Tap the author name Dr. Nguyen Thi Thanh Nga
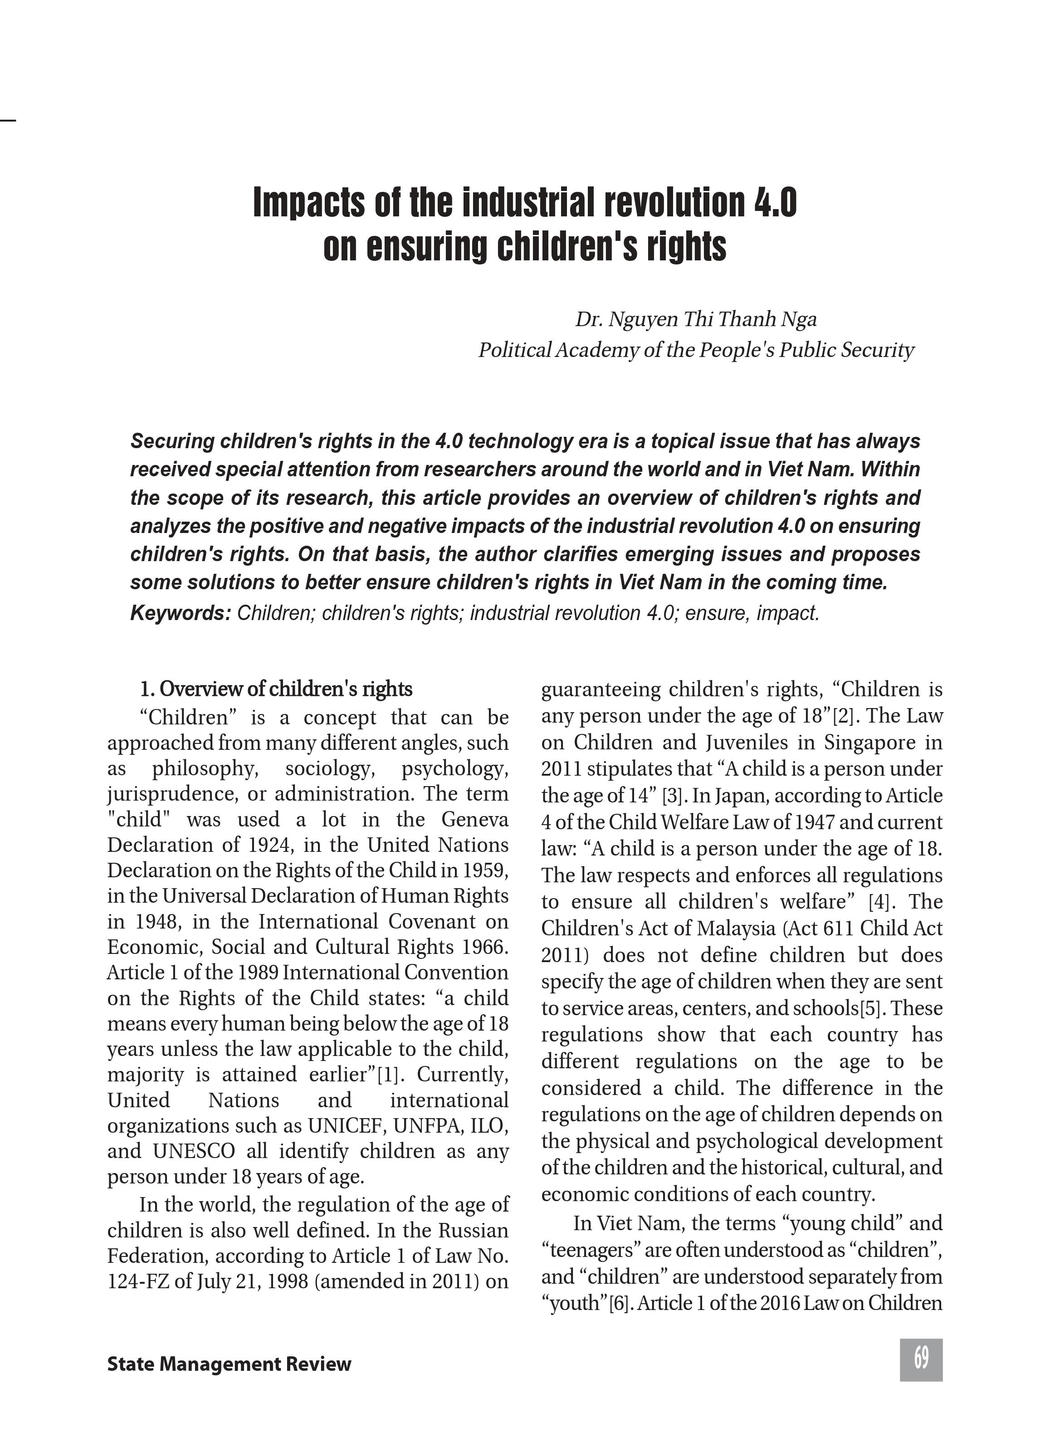(696, 319)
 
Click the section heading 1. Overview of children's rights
(276, 689)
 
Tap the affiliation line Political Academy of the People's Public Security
(696, 350)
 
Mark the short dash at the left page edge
(7, 119)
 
